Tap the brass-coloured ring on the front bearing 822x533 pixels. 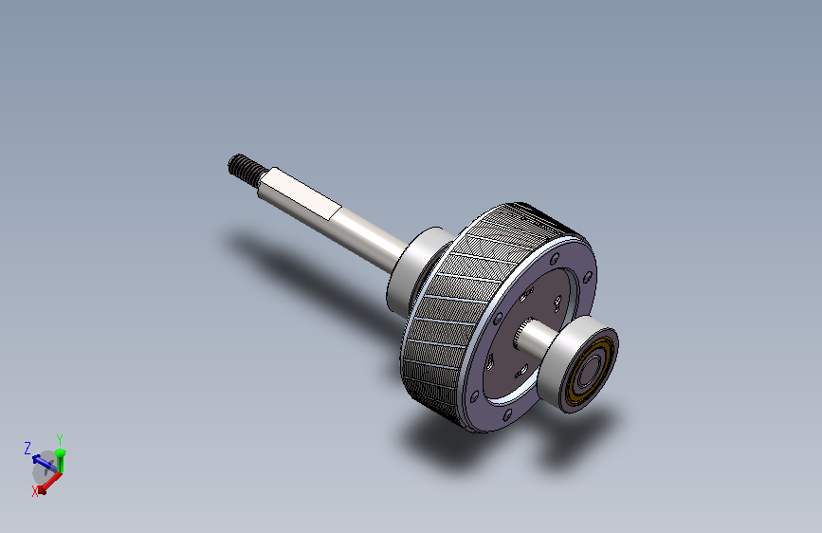(591, 372)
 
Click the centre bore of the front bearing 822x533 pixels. (590, 372)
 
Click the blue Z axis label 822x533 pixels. (27, 449)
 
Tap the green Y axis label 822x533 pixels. (60, 440)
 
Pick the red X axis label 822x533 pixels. (35, 491)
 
